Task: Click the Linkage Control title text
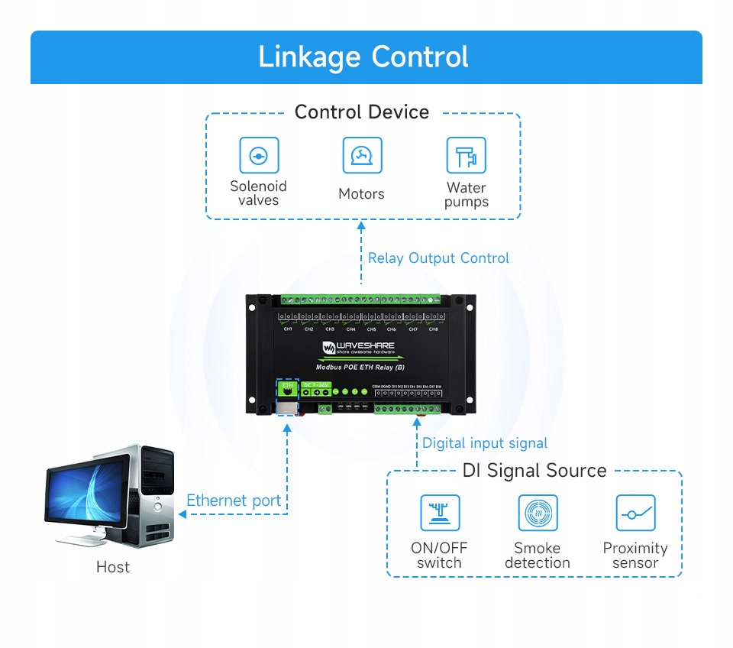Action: (x=363, y=57)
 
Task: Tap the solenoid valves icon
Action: (x=259, y=156)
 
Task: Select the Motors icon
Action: (x=362, y=156)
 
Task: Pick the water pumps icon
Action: (x=466, y=156)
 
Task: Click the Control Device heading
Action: (x=362, y=112)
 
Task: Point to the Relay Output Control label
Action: (x=438, y=258)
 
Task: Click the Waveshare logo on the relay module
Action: (x=358, y=348)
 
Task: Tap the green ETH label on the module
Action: (x=287, y=387)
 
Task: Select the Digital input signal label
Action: (x=485, y=443)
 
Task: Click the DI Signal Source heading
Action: (x=534, y=471)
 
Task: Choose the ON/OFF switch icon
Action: (x=440, y=513)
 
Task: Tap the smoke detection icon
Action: (x=538, y=513)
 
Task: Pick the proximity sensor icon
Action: (x=635, y=513)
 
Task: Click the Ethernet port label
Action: (x=234, y=501)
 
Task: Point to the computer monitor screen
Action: (x=85, y=497)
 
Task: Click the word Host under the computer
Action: (x=113, y=567)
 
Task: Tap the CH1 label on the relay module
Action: (x=288, y=329)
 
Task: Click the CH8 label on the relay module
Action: (x=434, y=329)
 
